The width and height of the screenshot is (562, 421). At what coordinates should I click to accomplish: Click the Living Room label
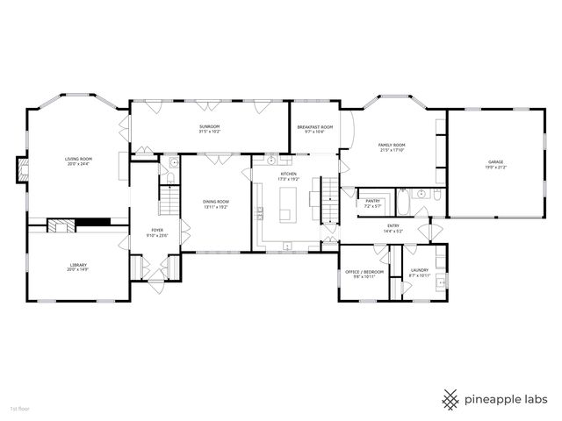78,160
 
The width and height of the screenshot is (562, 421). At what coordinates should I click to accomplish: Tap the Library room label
78,264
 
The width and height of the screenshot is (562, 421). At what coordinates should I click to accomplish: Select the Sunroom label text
209,127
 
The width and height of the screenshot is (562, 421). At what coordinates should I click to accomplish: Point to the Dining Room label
216,202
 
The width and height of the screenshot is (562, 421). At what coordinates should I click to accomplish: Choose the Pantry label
372,201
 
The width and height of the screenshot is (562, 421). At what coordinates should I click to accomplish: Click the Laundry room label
419,271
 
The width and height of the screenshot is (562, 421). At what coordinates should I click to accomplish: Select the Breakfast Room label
315,127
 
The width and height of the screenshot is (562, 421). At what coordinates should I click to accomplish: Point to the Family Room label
392,145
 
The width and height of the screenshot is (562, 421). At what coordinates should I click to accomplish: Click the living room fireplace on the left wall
21,168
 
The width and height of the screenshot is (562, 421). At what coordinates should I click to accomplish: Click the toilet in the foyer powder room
173,163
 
